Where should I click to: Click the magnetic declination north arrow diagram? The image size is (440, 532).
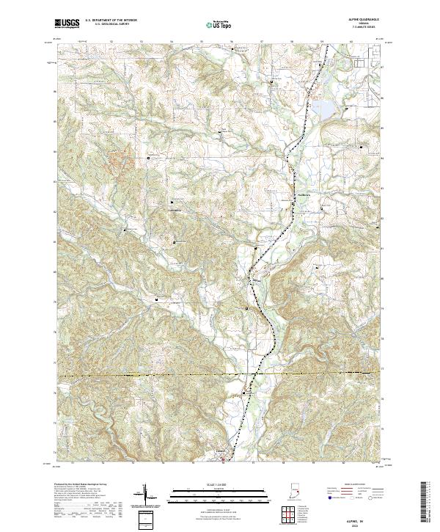tap(145, 496)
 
